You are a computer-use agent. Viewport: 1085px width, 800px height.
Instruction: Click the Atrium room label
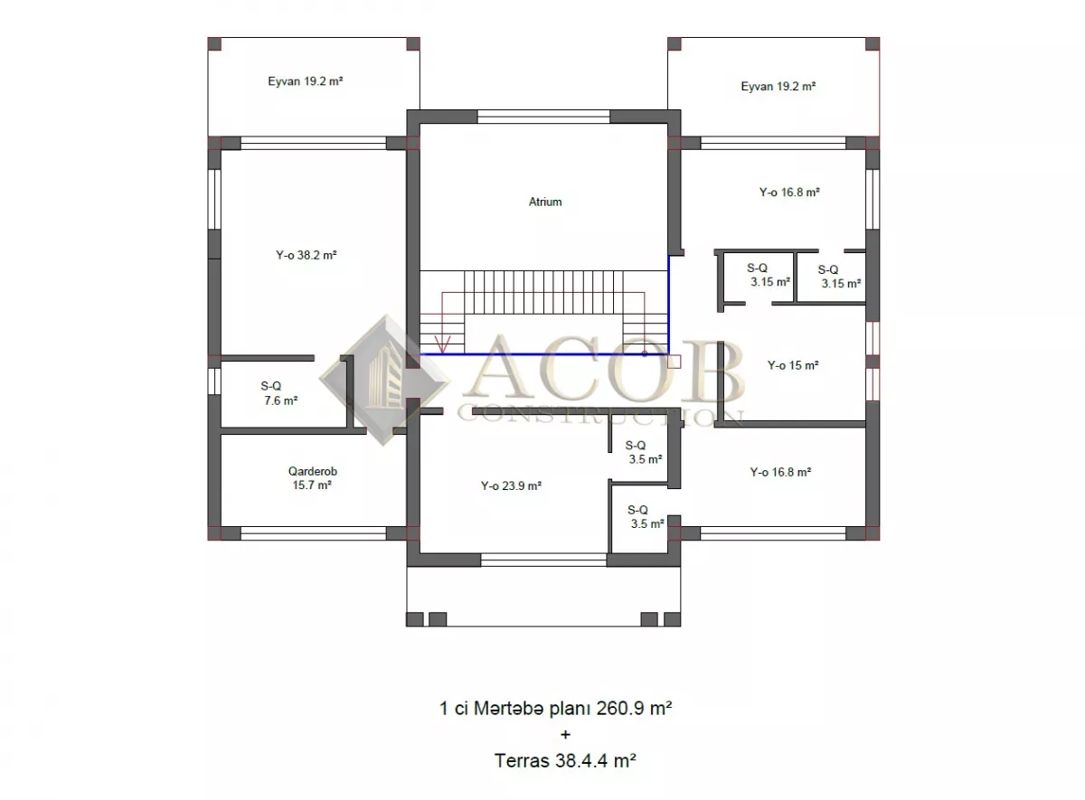[545, 202]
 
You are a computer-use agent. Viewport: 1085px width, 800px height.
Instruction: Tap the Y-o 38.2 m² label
[307, 255]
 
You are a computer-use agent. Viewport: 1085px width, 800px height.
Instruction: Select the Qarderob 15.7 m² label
[313, 478]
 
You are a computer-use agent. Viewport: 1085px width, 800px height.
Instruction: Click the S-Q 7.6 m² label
[278, 393]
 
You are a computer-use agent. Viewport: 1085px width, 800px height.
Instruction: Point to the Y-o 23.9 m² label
[511, 485]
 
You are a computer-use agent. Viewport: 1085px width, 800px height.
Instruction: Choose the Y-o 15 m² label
[793, 365]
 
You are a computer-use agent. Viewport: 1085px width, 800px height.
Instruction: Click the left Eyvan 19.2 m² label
[306, 81]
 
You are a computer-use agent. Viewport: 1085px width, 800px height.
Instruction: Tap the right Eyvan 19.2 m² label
[778, 87]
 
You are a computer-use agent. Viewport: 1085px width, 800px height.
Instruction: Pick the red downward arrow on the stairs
[442, 344]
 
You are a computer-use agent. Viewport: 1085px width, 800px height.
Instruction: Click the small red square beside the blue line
[675, 362]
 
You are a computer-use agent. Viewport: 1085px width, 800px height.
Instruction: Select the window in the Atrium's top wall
[543, 117]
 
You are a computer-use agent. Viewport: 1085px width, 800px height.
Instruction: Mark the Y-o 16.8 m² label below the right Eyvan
[789, 193]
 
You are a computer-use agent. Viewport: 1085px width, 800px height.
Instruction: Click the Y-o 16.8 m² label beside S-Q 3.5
[780, 472]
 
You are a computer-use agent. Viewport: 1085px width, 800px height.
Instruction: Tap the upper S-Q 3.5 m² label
[643, 452]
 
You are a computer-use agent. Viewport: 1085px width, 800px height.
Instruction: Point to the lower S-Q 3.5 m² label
[646, 517]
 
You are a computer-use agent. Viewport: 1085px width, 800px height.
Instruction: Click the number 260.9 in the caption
[620, 709]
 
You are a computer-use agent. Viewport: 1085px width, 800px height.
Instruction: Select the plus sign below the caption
[565, 735]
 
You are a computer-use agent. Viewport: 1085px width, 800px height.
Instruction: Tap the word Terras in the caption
[522, 761]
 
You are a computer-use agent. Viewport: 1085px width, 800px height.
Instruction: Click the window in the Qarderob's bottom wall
[314, 533]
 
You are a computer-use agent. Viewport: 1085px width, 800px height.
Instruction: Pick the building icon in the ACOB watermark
[384, 380]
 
